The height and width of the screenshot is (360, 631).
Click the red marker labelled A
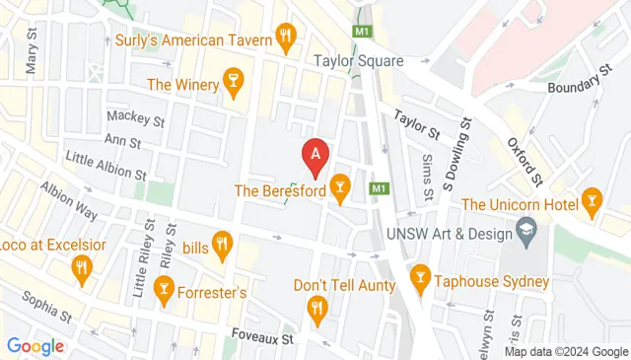click(x=315, y=155)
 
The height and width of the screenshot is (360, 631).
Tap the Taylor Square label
click(x=359, y=61)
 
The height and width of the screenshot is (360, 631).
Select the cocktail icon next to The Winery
click(x=234, y=85)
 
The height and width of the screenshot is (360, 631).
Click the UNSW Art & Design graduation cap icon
click(x=528, y=234)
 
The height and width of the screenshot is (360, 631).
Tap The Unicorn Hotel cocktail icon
click(x=592, y=203)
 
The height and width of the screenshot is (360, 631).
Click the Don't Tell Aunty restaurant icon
click(x=316, y=311)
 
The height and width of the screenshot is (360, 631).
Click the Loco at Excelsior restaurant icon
click(x=82, y=267)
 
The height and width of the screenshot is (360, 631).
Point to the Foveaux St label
click(x=259, y=337)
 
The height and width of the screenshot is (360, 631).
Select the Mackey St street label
click(x=134, y=119)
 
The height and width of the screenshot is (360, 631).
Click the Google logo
click(x=35, y=346)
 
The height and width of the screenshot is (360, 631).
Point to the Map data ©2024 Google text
click(x=566, y=351)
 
